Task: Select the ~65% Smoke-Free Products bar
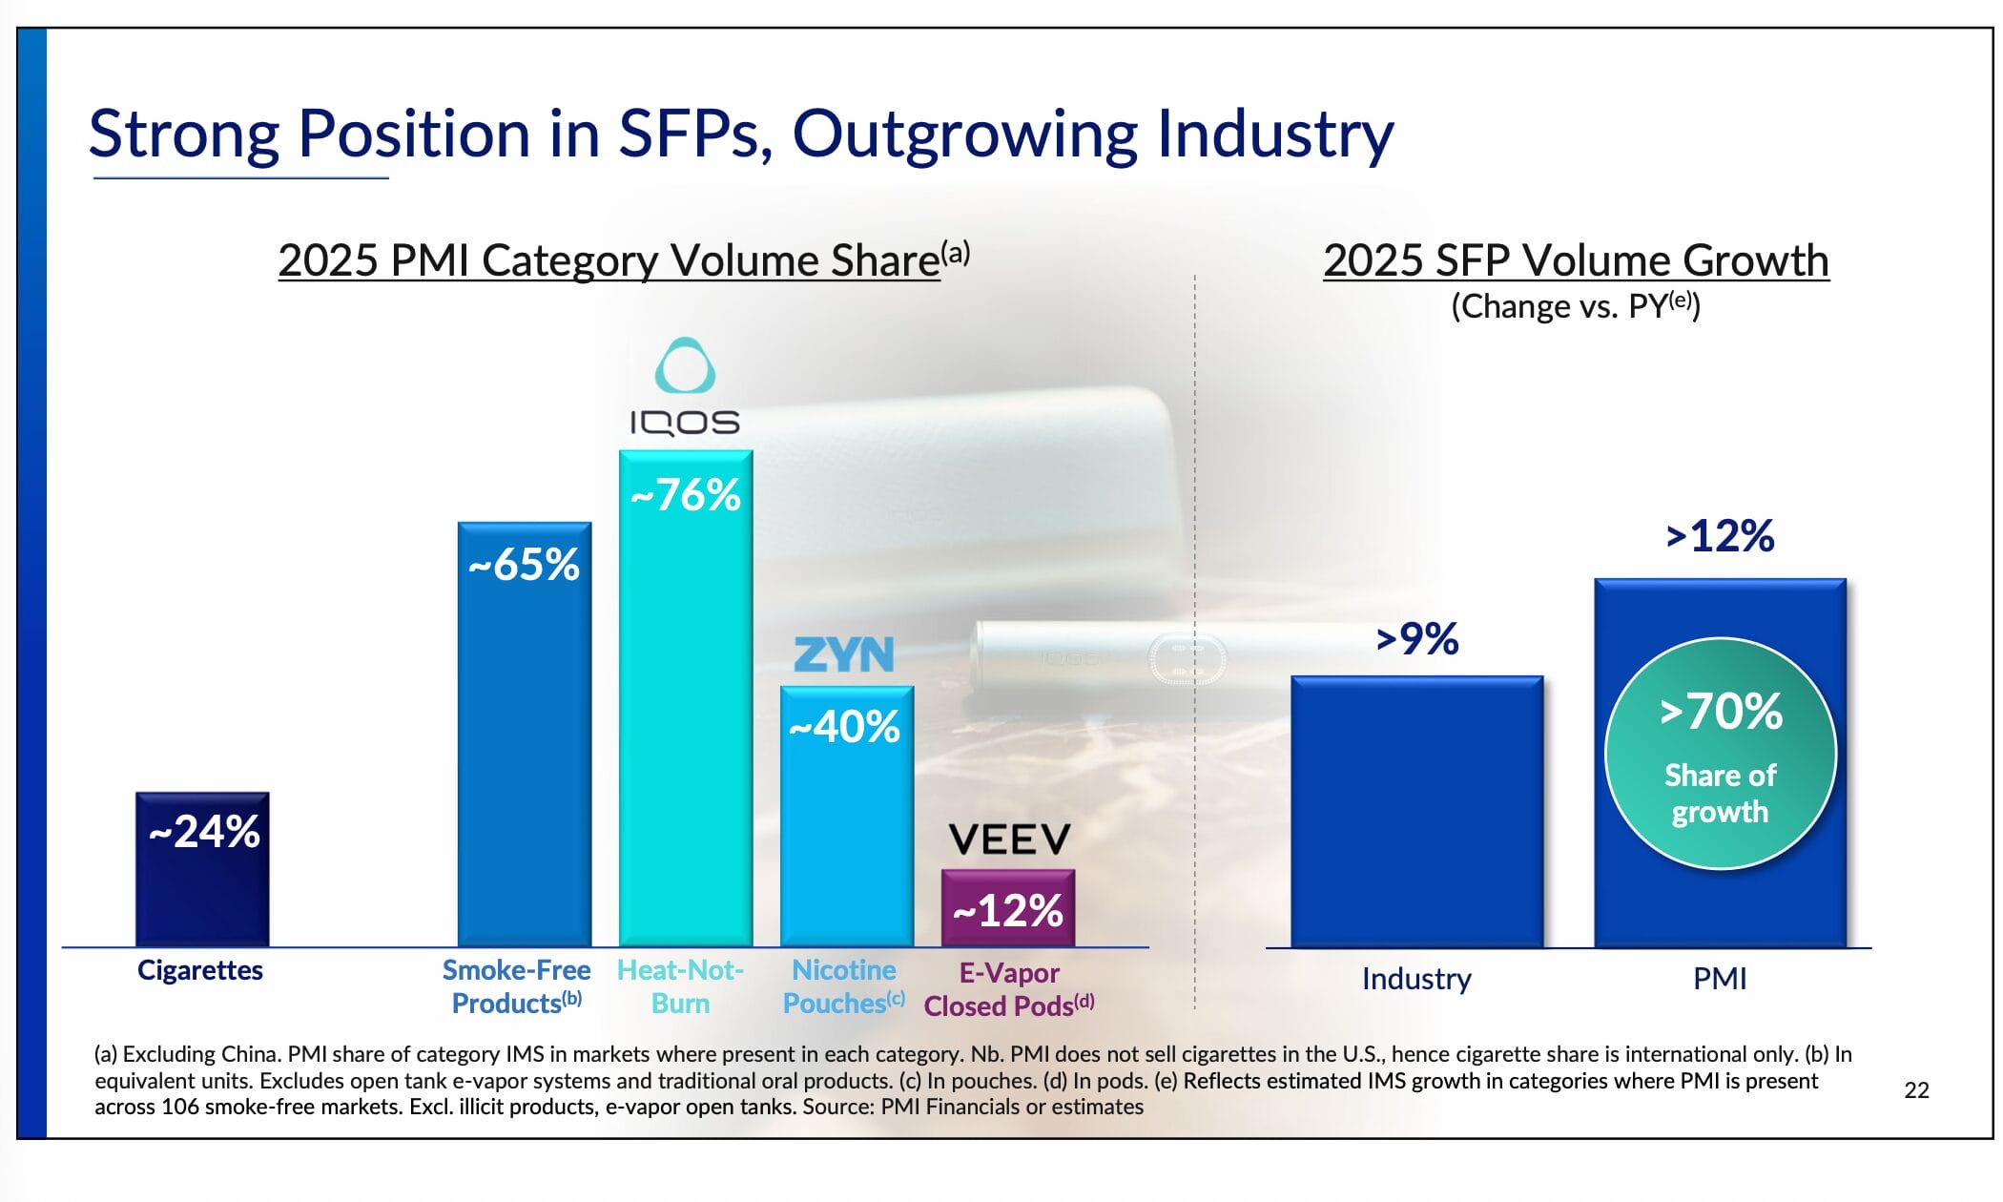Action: (x=524, y=735)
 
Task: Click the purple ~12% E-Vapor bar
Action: (x=1007, y=908)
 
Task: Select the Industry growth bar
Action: (x=1416, y=811)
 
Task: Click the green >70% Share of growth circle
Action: (x=1720, y=754)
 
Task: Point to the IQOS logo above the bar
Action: (x=685, y=387)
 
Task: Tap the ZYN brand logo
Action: (x=844, y=655)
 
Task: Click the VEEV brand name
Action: (x=1009, y=839)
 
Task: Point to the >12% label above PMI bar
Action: (x=1720, y=536)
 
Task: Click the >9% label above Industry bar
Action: (x=1417, y=639)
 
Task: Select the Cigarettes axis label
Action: (x=200, y=970)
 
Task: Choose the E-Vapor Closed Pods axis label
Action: (x=1009, y=989)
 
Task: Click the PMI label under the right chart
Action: (x=1720, y=979)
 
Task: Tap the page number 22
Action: (x=1916, y=1090)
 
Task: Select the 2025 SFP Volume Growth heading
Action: (x=1576, y=260)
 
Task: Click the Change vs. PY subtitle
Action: (x=1576, y=306)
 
